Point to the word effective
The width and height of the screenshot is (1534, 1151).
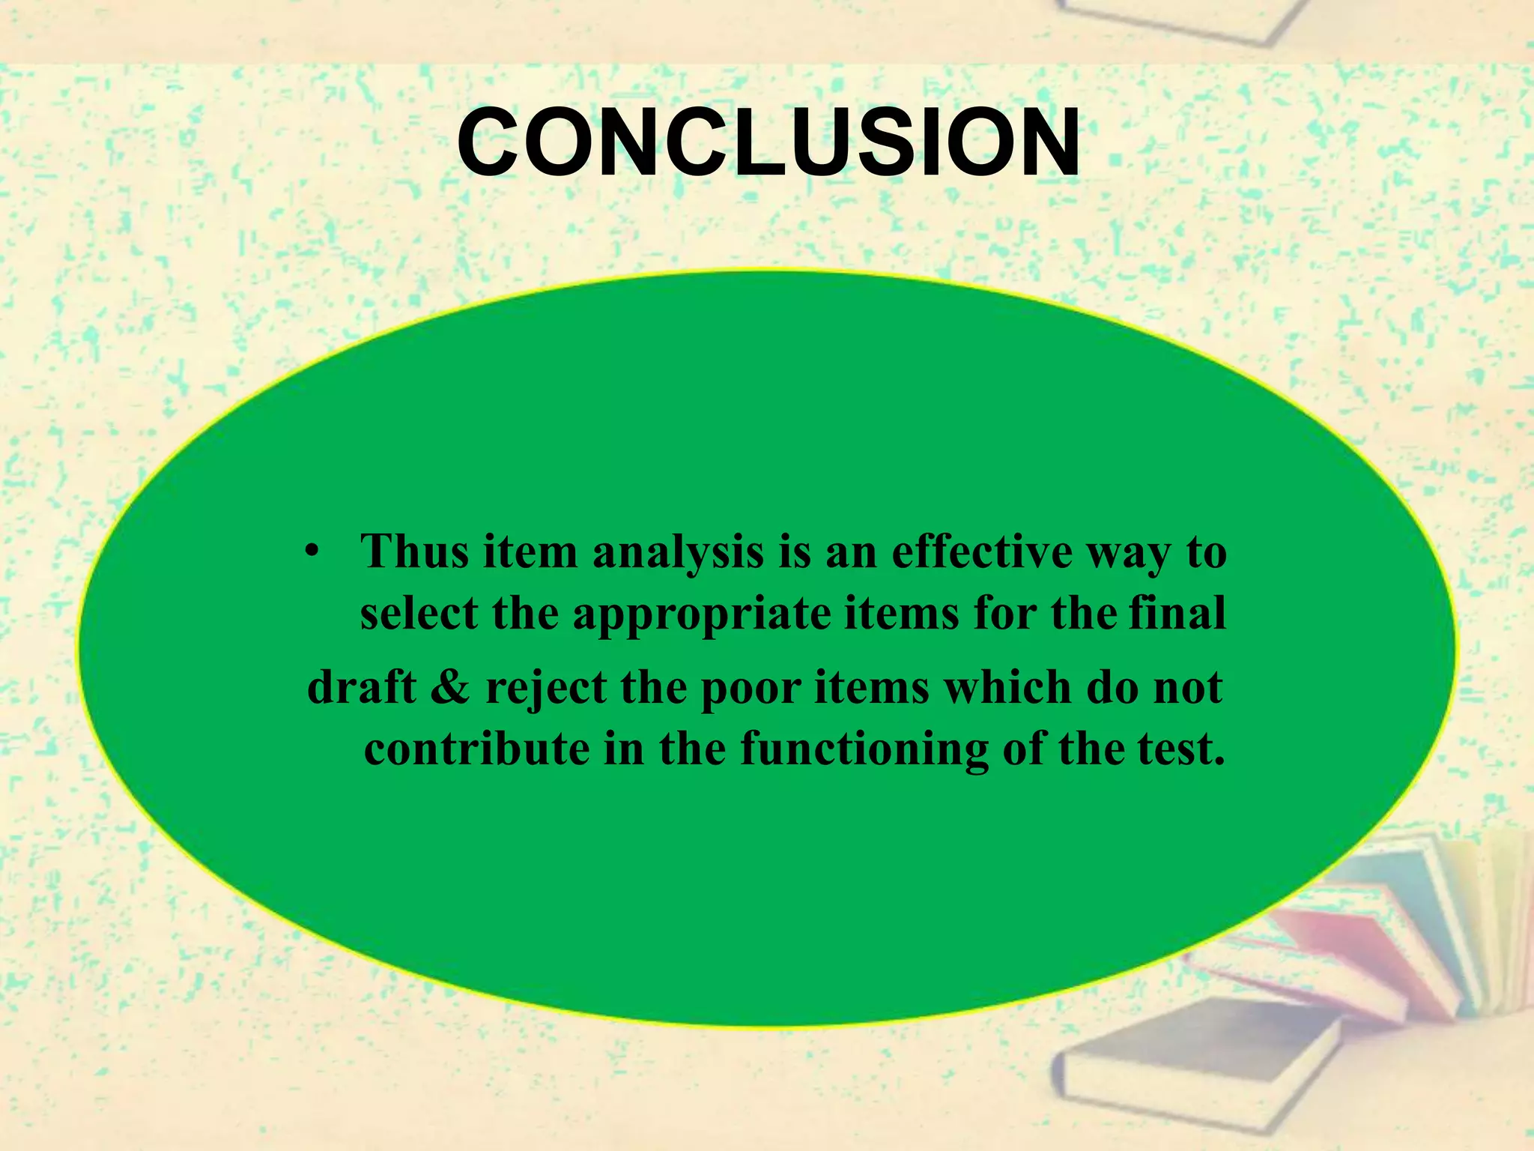pos(982,552)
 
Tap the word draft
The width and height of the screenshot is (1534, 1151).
pos(361,687)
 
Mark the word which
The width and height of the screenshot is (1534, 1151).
pos(1007,687)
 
